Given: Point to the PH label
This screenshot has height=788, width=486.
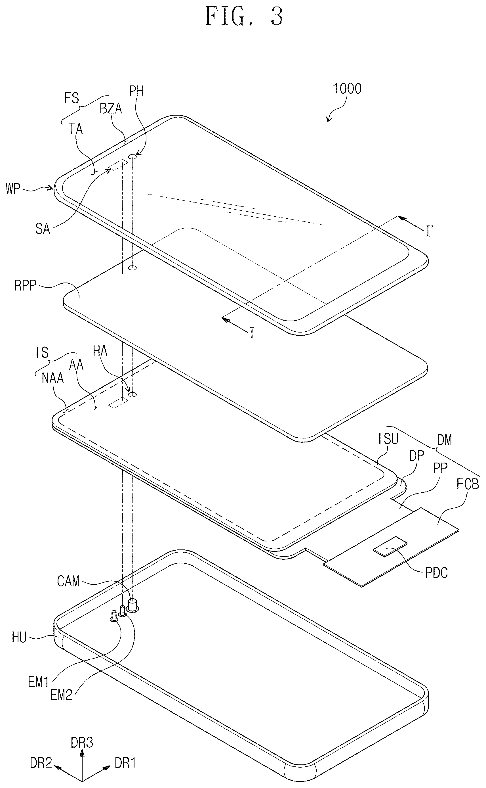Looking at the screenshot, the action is [136, 91].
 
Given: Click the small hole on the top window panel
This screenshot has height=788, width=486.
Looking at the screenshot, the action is [133, 157].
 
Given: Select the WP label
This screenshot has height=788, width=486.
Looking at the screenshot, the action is [13, 189].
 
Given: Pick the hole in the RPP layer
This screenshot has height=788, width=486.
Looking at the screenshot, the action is [132, 267].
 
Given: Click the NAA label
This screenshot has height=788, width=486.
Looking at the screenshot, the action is [53, 379].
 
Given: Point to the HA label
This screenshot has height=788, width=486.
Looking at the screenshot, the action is [100, 351].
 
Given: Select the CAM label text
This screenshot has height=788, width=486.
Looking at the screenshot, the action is [68, 581].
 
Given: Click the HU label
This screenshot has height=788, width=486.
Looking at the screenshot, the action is [19, 637].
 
